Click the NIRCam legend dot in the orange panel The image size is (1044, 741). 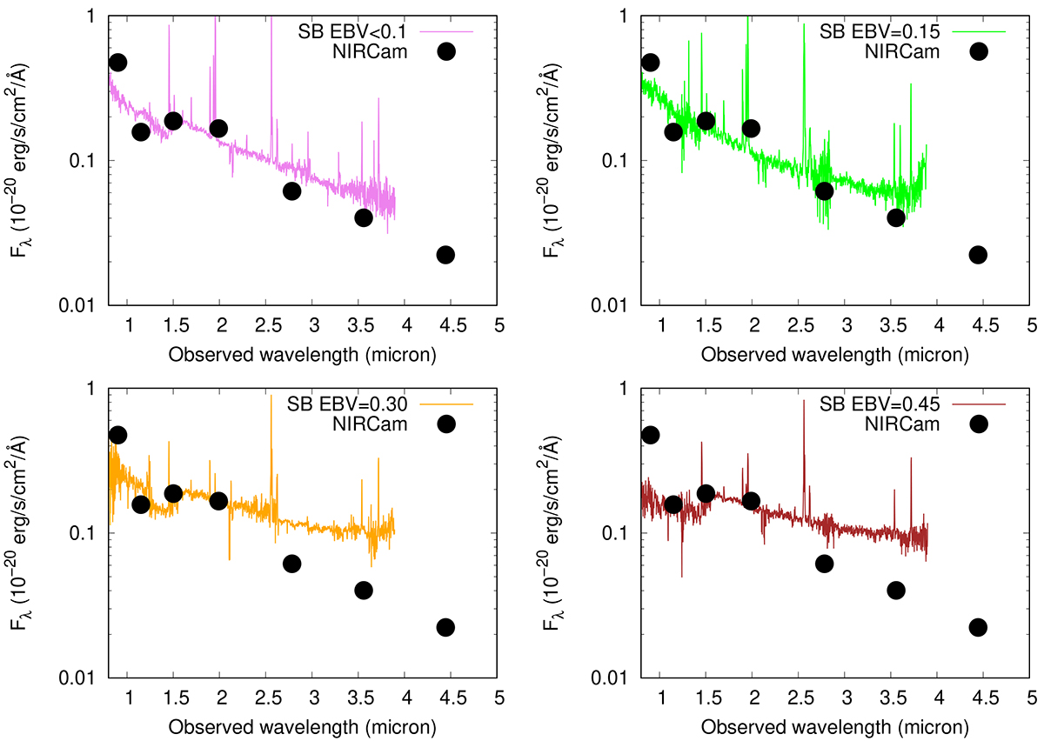(446, 424)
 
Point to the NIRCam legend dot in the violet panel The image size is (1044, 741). (446, 51)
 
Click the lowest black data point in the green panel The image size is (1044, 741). (978, 255)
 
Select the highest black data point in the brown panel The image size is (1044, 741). (650, 435)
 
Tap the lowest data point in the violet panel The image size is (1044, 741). (445, 255)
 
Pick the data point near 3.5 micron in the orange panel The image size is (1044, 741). (364, 591)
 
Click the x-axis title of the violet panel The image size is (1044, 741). (302, 355)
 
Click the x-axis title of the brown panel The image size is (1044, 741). (834, 727)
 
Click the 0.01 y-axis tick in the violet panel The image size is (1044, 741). (84, 305)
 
